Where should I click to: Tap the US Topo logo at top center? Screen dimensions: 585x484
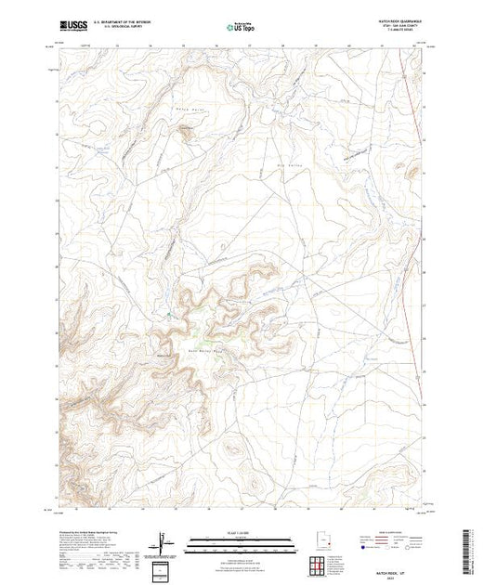(x=242, y=26)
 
